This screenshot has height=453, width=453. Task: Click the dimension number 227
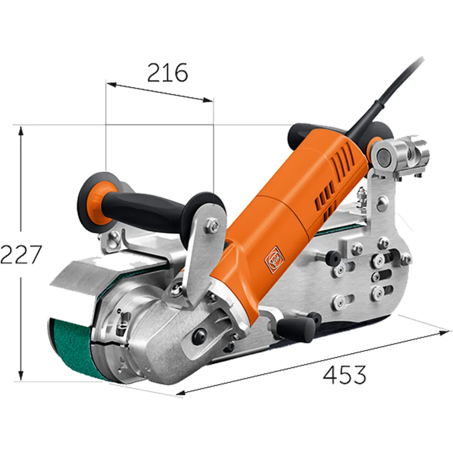[x=21, y=255]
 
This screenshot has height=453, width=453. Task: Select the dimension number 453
[x=344, y=375]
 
